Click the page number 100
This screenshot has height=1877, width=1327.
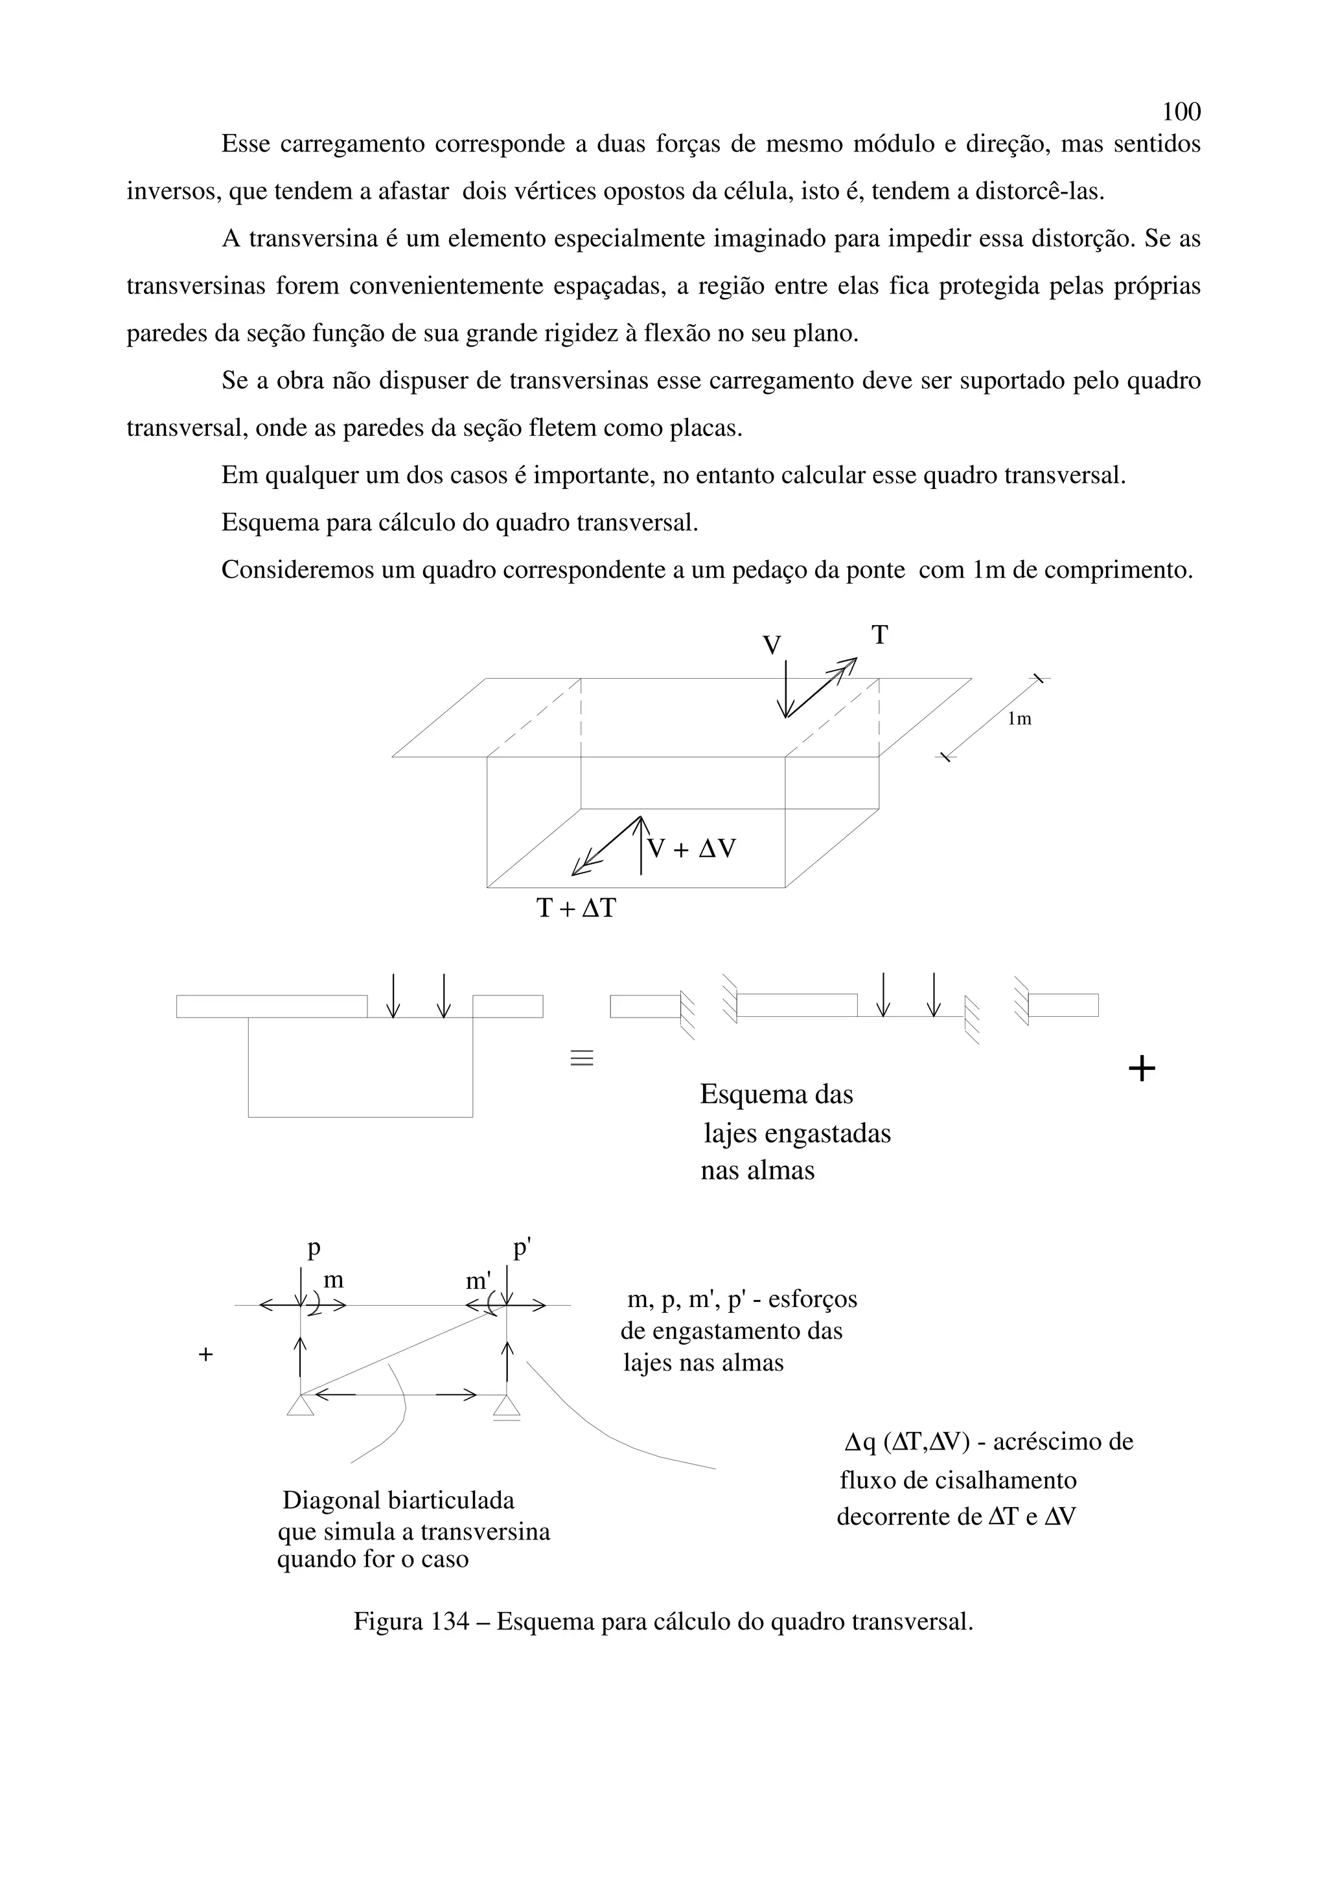(x=1181, y=111)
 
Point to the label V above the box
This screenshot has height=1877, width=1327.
(x=771, y=646)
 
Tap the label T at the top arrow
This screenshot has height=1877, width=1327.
(x=879, y=635)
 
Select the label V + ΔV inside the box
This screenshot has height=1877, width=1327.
(x=691, y=848)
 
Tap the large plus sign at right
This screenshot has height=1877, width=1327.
(x=1142, y=1069)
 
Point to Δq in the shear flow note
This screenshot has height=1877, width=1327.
(x=859, y=1441)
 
